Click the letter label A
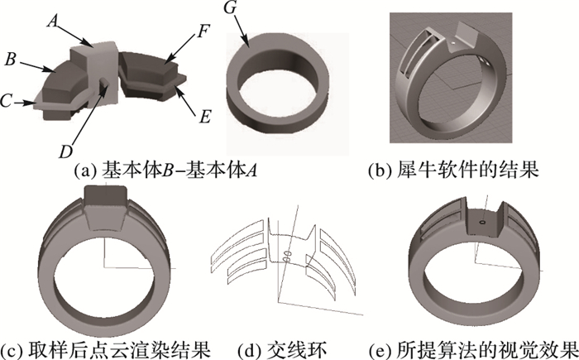coord(53,22)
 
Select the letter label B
coord(11,60)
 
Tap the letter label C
coord(7,100)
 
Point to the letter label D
coord(66,151)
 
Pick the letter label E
coord(205,117)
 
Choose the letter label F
coord(203,31)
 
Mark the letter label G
coord(231,7)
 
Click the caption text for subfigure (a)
coord(165,170)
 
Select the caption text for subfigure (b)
coord(454,170)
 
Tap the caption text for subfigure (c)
coord(106,349)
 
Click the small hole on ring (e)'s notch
coord(482,223)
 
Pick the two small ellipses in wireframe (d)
coord(287,257)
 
